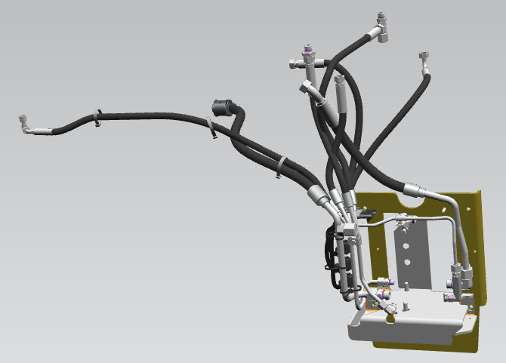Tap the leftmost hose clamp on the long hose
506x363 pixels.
(97, 118)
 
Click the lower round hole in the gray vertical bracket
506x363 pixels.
(407, 262)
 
